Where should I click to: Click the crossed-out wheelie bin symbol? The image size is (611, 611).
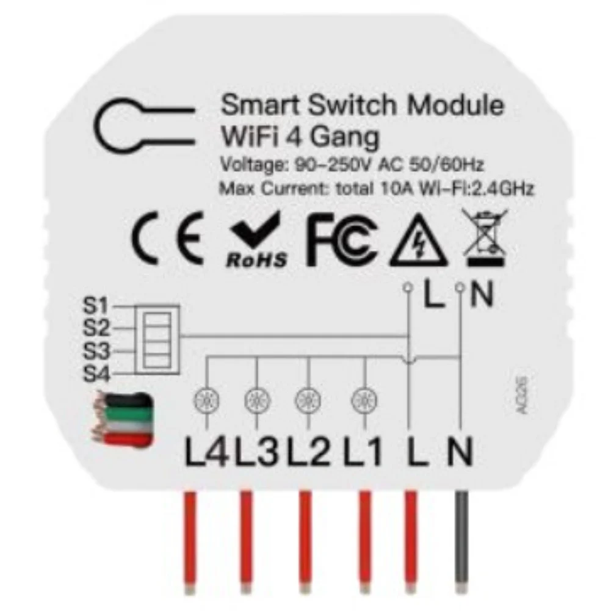485,238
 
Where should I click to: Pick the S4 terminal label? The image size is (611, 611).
95,374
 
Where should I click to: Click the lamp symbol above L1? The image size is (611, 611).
363,401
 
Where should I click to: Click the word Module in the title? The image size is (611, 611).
456,106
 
